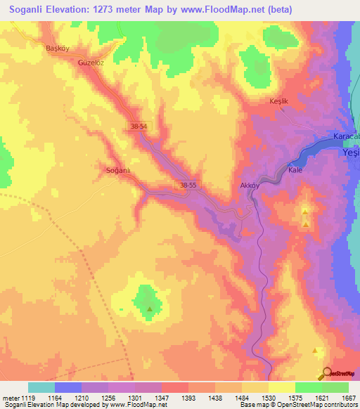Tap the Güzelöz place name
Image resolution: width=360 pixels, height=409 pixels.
[x=91, y=62]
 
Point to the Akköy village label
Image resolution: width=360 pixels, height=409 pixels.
[x=251, y=186]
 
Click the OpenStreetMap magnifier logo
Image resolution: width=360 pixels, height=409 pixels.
[x=326, y=373]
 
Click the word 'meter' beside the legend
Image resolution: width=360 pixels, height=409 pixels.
[x=11, y=397]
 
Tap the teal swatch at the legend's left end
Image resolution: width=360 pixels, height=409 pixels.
[x=41, y=387]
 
